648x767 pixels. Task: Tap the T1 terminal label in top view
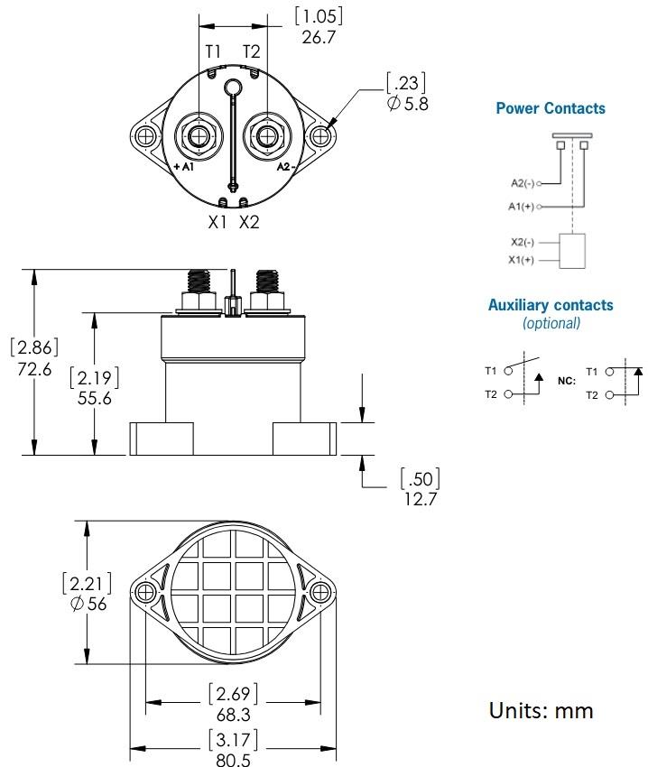click(x=213, y=51)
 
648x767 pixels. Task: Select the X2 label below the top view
click(x=249, y=221)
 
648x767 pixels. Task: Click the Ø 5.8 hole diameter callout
click(x=406, y=103)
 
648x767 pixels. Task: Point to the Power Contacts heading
click(x=551, y=108)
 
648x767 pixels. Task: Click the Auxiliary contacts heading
click(x=551, y=305)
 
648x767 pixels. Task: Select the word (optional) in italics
click(x=551, y=323)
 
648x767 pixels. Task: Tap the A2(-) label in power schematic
click(x=521, y=183)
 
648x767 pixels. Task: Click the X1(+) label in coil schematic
click(x=522, y=260)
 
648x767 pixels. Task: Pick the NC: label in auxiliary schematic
click(x=566, y=381)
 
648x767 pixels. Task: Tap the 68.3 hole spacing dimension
click(x=233, y=713)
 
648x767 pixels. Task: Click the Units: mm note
click(x=542, y=710)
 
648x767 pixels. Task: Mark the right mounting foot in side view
click(x=305, y=439)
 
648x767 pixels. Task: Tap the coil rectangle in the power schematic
click(x=573, y=251)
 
